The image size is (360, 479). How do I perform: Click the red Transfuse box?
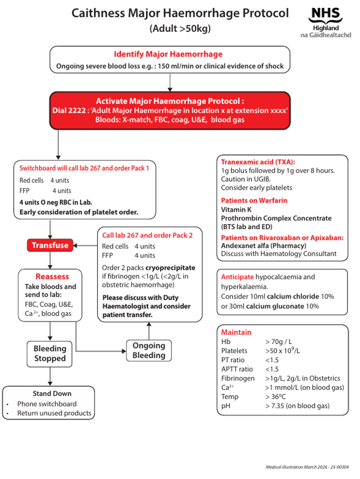[x=50, y=245]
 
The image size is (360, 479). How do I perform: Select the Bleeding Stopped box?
[x=50, y=354]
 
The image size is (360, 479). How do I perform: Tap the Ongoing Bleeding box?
[x=148, y=350]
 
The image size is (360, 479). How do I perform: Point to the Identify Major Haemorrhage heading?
[x=168, y=54]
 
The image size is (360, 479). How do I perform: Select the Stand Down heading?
[x=52, y=394]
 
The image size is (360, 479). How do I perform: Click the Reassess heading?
[x=52, y=277]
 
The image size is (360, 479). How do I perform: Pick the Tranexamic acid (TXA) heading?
[x=258, y=162]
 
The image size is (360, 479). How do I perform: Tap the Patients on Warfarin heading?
[x=254, y=200]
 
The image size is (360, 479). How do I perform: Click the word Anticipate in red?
[x=237, y=277]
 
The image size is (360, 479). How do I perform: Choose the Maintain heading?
[x=236, y=332]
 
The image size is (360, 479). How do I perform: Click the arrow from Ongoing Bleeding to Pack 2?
[x=148, y=331]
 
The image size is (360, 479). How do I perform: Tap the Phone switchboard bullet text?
[x=47, y=404]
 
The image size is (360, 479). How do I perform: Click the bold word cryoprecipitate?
[x=170, y=268]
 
